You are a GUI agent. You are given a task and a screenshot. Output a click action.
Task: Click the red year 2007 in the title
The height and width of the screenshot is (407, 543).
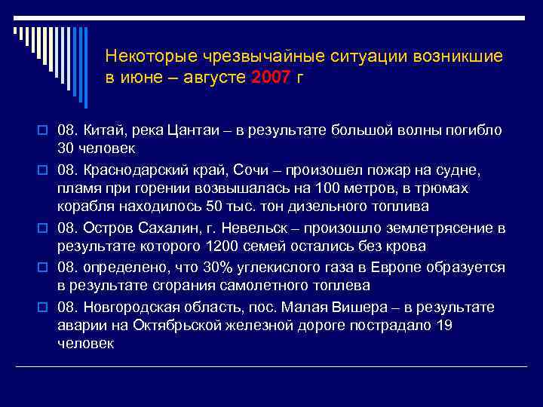[271, 78]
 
